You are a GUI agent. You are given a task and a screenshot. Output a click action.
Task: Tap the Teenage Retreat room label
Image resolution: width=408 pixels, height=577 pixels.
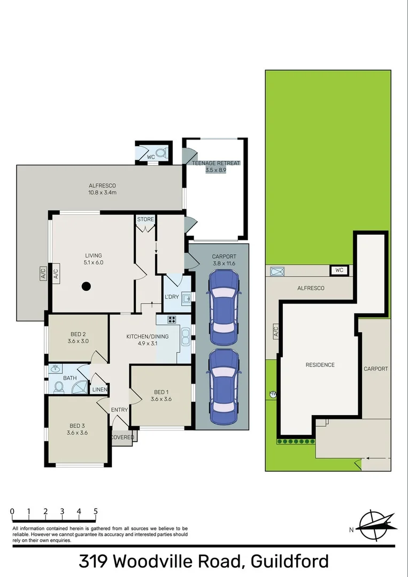pos(216,163)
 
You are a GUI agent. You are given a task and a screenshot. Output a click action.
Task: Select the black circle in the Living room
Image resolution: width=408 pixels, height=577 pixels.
pos(86,286)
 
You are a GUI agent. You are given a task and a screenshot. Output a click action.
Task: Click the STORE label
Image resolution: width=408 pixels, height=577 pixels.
pos(145,220)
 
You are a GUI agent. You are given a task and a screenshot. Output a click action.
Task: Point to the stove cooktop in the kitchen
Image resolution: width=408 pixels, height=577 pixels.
pos(173,321)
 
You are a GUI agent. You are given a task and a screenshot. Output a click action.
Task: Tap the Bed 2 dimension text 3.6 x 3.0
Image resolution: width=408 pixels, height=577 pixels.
pos(78,341)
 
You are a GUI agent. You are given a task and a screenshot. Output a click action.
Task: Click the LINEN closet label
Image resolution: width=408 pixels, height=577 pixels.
pos(100,389)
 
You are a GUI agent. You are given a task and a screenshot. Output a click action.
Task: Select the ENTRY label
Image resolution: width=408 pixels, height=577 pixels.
pos(120,410)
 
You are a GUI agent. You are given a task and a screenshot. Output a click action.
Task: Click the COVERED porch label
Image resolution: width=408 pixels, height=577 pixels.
pos(123,437)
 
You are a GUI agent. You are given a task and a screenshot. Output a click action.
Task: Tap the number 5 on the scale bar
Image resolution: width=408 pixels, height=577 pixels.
pos(96,511)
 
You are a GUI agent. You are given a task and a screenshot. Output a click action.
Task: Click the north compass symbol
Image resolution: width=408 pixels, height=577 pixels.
pos(377,524)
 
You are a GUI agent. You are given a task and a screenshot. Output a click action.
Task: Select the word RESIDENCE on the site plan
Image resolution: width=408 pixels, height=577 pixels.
pos(320,365)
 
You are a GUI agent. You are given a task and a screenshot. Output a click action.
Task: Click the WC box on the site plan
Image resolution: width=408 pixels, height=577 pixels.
pos(339,270)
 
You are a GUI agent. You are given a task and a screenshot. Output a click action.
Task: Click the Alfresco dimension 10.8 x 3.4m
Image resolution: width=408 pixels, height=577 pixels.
pos(103,192)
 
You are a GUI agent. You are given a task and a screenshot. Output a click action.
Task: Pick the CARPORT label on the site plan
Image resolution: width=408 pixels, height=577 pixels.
pos(376,369)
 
